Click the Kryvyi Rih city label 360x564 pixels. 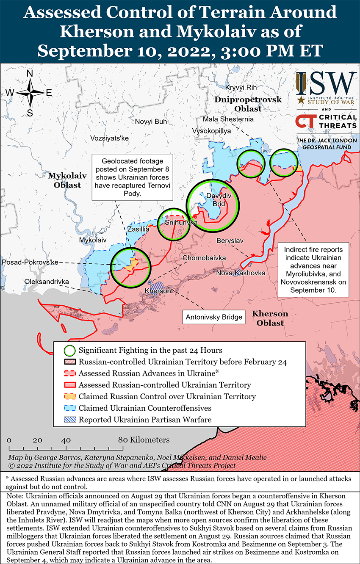click(x=241, y=87)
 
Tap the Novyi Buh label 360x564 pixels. click(x=151, y=122)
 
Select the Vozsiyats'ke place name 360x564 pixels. click(x=109, y=138)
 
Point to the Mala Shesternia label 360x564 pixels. click(x=228, y=119)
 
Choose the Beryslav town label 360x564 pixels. click(x=230, y=241)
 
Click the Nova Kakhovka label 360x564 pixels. click(x=241, y=273)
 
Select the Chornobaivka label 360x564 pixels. click(x=204, y=258)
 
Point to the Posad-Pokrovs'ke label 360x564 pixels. click(x=30, y=263)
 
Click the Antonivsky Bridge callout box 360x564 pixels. click(x=214, y=317)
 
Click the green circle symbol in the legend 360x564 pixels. click(x=69, y=351)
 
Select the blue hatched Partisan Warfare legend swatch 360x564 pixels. click(x=69, y=420)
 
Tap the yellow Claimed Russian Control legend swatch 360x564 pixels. click(x=69, y=397)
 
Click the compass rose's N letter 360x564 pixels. click(x=30, y=73)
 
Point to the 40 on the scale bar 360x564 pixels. click(x=66, y=440)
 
